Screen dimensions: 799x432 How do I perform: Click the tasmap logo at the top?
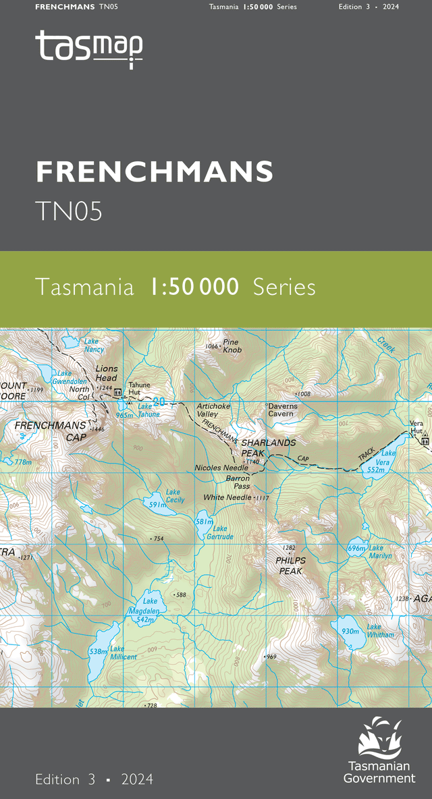(88, 48)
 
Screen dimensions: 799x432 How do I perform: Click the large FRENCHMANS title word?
(155, 172)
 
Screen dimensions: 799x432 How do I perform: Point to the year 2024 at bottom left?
(138, 779)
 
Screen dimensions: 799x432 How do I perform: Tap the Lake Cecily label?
(175, 496)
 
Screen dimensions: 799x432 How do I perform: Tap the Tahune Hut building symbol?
(117, 392)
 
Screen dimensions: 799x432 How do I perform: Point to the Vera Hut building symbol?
(425, 441)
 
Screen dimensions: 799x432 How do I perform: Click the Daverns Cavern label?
(282, 410)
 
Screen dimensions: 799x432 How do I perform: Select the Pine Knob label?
(232, 346)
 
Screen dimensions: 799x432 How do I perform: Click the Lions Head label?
(107, 373)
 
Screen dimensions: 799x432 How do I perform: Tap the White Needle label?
(227, 497)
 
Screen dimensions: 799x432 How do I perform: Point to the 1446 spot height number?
(97, 429)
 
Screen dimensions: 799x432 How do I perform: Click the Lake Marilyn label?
(380, 552)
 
